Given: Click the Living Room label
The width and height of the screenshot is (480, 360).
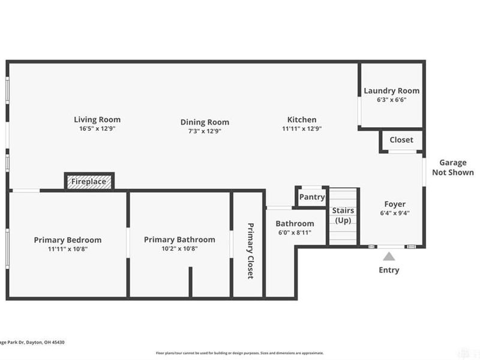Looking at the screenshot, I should [x=97, y=119].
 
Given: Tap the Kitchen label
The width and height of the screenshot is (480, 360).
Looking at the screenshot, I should [x=301, y=119].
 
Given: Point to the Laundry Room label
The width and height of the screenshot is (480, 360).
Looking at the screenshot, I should [x=391, y=91].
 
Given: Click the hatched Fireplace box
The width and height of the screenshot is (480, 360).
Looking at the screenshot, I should [x=89, y=181].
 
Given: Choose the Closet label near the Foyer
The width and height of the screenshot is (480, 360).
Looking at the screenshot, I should [x=401, y=140].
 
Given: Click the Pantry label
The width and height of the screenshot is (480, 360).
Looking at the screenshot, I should [x=311, y=197].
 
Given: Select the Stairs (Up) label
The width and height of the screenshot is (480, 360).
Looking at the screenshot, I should [x=343, y=215].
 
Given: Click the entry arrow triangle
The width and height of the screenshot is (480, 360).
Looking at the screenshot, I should [x=388, y=255].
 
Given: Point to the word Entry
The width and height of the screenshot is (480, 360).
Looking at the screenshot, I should [x=388, y=270].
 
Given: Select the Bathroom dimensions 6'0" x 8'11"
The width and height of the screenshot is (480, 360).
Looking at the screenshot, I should [x=295, y=233].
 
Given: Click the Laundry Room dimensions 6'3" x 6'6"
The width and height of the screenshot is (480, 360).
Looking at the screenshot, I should [x=391, y=100].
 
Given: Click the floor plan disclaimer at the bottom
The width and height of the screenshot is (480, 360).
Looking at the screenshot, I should [x=239, y=353].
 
